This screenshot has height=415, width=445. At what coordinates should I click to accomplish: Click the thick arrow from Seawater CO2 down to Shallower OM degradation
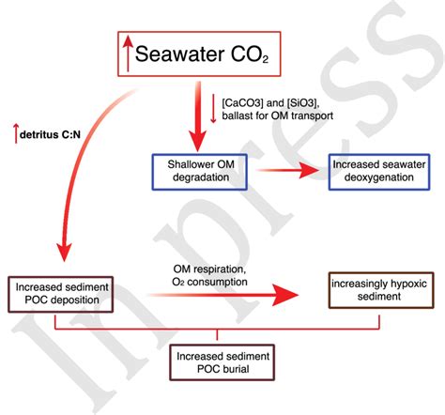tap(197, 113)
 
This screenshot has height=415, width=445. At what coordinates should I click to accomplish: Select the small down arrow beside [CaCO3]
tap(216, 107)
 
